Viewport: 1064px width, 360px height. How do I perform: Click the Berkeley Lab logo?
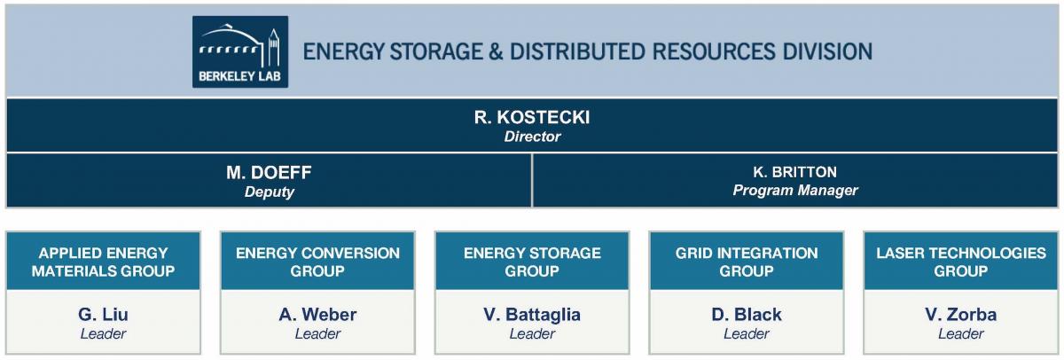(240, 51)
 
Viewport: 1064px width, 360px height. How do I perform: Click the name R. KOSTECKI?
(532, 117)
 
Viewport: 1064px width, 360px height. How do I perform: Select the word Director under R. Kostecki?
(532, 137)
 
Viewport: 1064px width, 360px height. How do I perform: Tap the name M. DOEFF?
(269, 172)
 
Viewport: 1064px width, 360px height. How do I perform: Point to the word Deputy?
(269, 192)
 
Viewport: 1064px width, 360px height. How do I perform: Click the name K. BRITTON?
(795, 172)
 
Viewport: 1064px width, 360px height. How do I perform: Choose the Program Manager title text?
(795, 191)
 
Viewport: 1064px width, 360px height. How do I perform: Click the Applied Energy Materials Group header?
(103, 262)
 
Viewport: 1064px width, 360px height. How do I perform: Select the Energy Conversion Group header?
(317, 262)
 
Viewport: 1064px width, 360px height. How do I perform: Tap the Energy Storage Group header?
(532, 262)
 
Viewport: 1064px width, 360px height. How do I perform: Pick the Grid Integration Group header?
(747, 262)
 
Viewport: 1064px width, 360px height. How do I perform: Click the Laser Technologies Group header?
(961, 262)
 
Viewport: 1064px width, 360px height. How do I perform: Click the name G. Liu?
(103, 315)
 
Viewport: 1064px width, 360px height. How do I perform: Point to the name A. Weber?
(317, 315)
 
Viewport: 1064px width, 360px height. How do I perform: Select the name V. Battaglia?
(532, 315)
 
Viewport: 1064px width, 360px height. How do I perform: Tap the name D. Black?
(747, 315)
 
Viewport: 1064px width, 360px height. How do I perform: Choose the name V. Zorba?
(961, 315)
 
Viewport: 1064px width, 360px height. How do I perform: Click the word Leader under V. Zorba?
(961, 334)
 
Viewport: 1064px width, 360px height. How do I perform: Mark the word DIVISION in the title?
(829, 51)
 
